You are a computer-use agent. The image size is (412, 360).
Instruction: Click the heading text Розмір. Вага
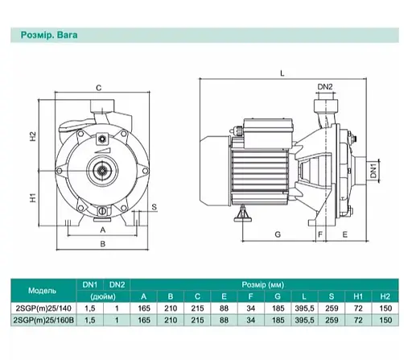[49, 35]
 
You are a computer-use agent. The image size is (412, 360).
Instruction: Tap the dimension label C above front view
[99, 88]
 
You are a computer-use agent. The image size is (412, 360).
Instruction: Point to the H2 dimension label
[32, 136]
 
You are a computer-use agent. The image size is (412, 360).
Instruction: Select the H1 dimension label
[32, 198]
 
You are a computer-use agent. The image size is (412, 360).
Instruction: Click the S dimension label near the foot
[154, 207]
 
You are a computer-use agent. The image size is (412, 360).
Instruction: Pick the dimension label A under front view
[103, 230]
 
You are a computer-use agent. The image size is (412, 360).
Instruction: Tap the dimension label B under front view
[103, 244]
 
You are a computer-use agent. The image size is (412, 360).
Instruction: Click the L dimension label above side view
[282, 73]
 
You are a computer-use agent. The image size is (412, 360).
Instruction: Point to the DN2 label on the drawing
[325, 87]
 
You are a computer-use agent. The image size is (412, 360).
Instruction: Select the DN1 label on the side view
[373, 171]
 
